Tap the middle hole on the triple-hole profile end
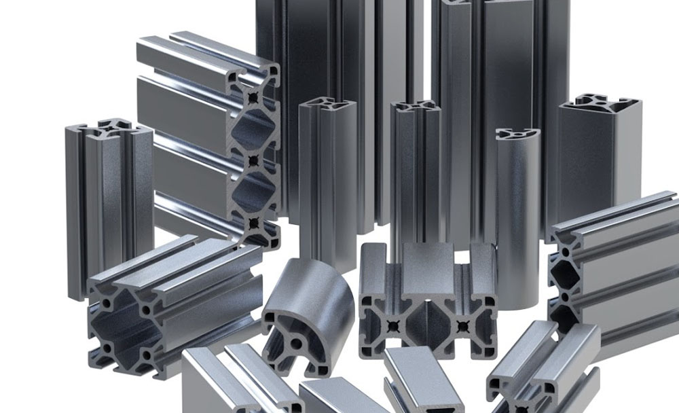click(x=253, y=161)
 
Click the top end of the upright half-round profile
click(x=517, y=133)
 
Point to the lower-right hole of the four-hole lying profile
click(x=145, y=356)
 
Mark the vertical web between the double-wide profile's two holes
click(x=428, y=319)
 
